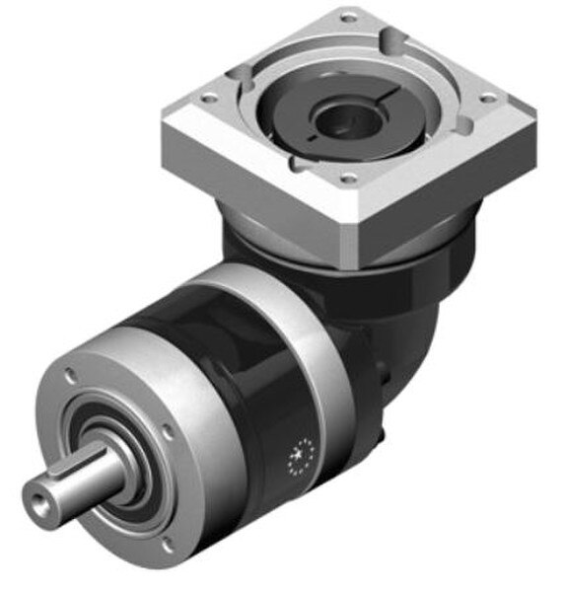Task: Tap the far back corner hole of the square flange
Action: click(347, 17)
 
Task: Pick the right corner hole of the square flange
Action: click(485, 96)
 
